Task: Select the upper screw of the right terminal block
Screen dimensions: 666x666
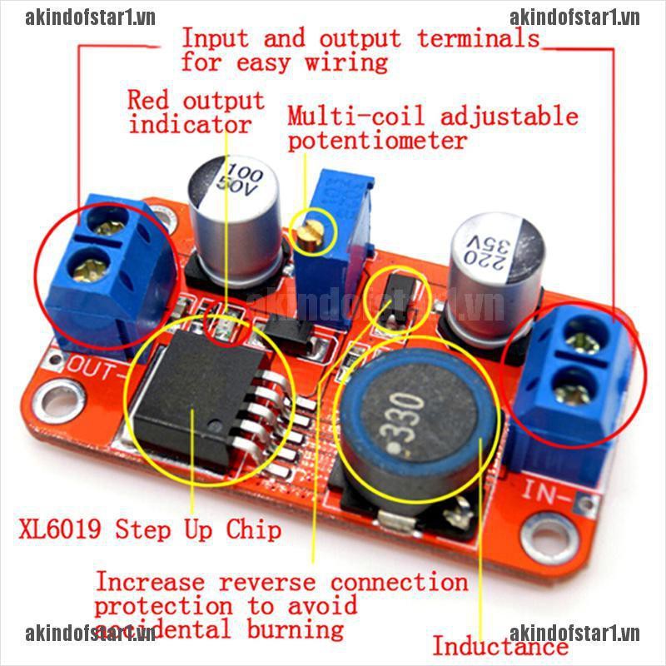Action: coord(577,340)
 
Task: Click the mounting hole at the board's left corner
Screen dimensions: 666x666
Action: coord(59,392)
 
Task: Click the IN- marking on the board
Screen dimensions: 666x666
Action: coord(545,491)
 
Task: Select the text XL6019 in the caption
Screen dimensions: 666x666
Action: coord(62,529)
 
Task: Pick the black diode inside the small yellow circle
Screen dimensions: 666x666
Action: coord(392,300)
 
